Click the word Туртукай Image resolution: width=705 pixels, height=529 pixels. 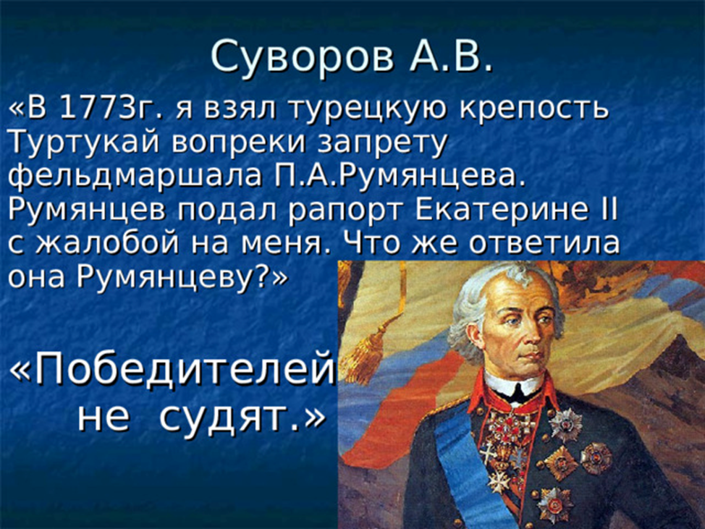[x=84, y=143]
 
